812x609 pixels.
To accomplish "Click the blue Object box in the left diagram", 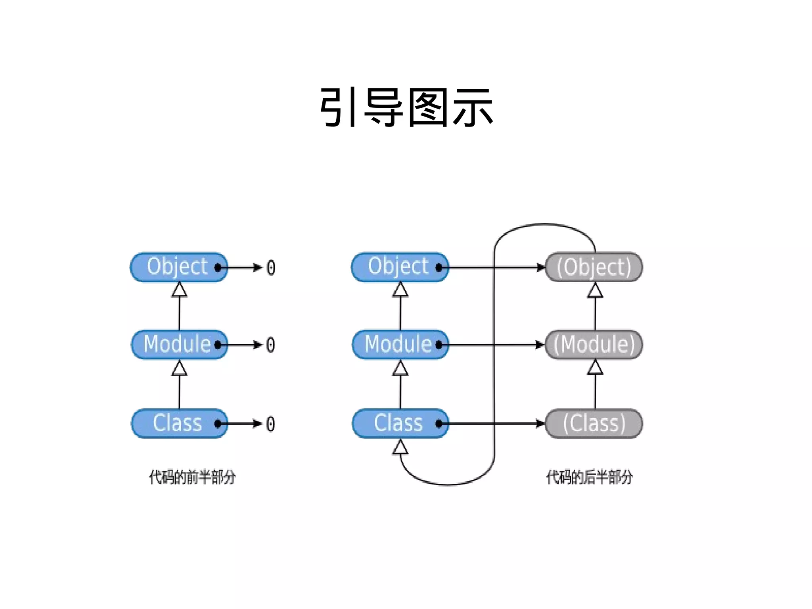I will [x=179, y=267].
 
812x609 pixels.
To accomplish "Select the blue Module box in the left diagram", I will [x=179, y=345].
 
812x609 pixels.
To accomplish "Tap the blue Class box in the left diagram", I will [x=179, y=423].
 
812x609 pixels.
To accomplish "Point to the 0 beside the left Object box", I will [x=271, y=268].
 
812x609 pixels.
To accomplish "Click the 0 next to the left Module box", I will [x=270, y=345].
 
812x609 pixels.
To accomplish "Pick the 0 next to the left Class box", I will [x=270, y=424].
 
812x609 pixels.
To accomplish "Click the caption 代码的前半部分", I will [x=192, y=477].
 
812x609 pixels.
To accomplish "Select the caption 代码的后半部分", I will [x=590, y=477].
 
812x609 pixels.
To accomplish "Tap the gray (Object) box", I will [x=594, y=267].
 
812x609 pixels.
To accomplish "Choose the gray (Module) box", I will [x=594, y=345].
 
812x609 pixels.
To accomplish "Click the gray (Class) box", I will [x=594, y=423].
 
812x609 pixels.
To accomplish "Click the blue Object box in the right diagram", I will [x=400, y=267].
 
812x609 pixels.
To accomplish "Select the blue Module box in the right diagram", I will [x=400, y=345].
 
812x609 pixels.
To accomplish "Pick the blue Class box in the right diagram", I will [x=400, y=423].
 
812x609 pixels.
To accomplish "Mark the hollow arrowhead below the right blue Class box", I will [x=400, y=447].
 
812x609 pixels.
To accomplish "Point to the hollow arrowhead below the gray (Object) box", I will [x=595, y=290].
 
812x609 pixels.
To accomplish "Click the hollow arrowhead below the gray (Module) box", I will [x=595, y=368].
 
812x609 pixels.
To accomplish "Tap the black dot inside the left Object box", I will [x=218, y=268].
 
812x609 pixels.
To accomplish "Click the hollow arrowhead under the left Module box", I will [x=179, y=368].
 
